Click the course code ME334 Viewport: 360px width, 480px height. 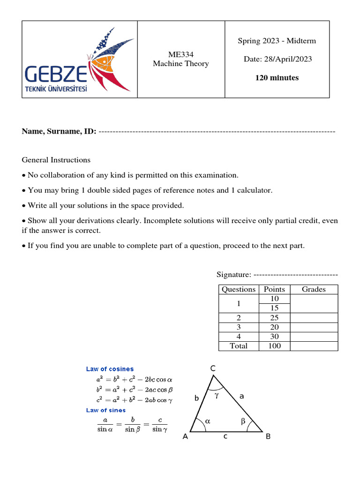pos(181,54)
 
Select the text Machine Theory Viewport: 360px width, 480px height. pos(181,64)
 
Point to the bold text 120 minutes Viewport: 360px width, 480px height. pos(277,78)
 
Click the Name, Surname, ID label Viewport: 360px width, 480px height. pos(59,131)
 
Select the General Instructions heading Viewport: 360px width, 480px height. pos(56,160)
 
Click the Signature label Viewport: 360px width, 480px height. pos(234,274)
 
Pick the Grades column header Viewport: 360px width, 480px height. pos(314,289)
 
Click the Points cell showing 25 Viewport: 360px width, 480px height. pos(274,318)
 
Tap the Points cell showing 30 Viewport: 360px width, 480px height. pos(274,337)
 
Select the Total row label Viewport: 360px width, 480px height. pos(238,346)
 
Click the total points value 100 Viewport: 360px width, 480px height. pos(274,346)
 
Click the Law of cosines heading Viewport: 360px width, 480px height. pos(110,369)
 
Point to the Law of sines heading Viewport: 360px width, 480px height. pos(106,410)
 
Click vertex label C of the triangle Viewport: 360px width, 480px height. pos(212,369)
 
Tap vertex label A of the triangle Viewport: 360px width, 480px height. pos(185,436)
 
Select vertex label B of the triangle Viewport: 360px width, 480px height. pos(268,436)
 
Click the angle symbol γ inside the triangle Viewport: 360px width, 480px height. pos(217,395)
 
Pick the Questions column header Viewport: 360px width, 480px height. pos(239,289)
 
